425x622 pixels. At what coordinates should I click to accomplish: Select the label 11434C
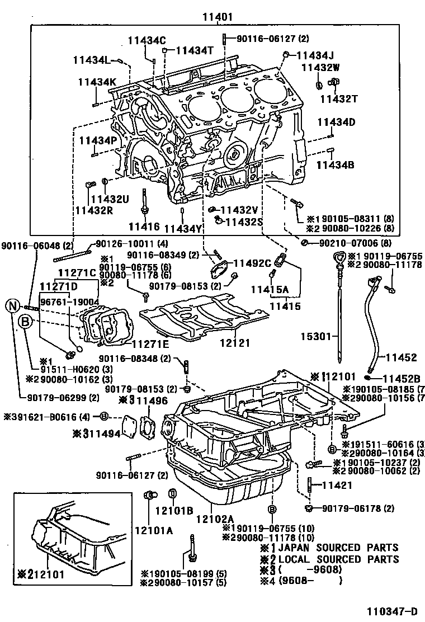click(147, 40)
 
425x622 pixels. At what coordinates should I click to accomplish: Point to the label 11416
click(144, 227)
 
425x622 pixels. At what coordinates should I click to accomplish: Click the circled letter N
click(13, 305)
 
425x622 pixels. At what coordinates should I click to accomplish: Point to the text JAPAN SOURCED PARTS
click(338, 548)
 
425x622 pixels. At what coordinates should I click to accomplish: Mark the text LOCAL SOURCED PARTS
click(338, 559)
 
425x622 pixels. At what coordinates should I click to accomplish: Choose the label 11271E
click(150, 344)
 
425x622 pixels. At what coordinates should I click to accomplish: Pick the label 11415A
click(270, 289)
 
